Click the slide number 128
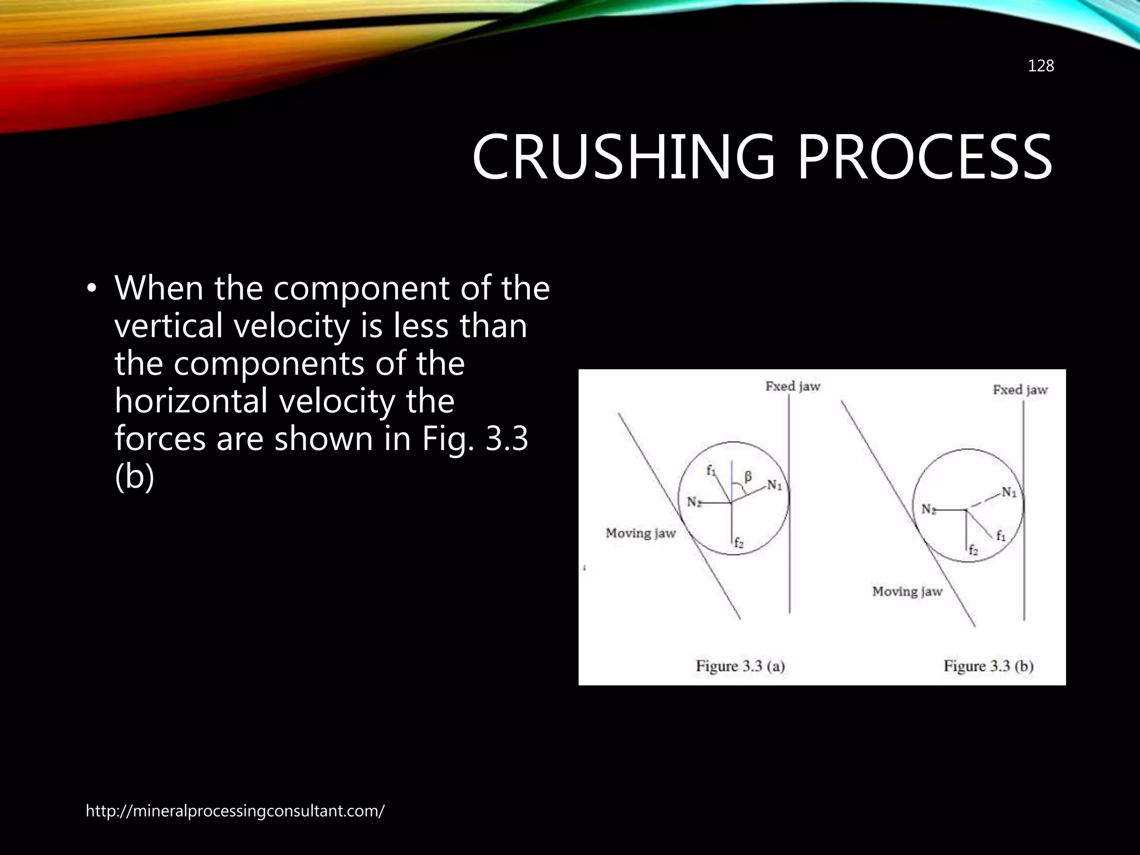[x=1040, y=66]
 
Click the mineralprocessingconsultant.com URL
[x=234, y=811]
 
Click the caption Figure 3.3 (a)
[x=740, y=666]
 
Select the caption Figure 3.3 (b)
[x=988, y=666]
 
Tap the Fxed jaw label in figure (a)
[x=793, y=386]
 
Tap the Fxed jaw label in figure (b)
[x=1020, y=390]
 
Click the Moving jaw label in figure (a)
[x=640, y=533]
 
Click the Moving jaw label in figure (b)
[x=907, y=591]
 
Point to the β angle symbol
[x=748, y=476]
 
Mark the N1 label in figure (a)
[x=774, y=485]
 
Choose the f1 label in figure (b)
[x=1001, y=536]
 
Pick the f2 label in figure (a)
[x=738, y=543]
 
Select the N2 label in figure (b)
[x=928, y=509]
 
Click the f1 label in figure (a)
[x=711, y=470]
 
